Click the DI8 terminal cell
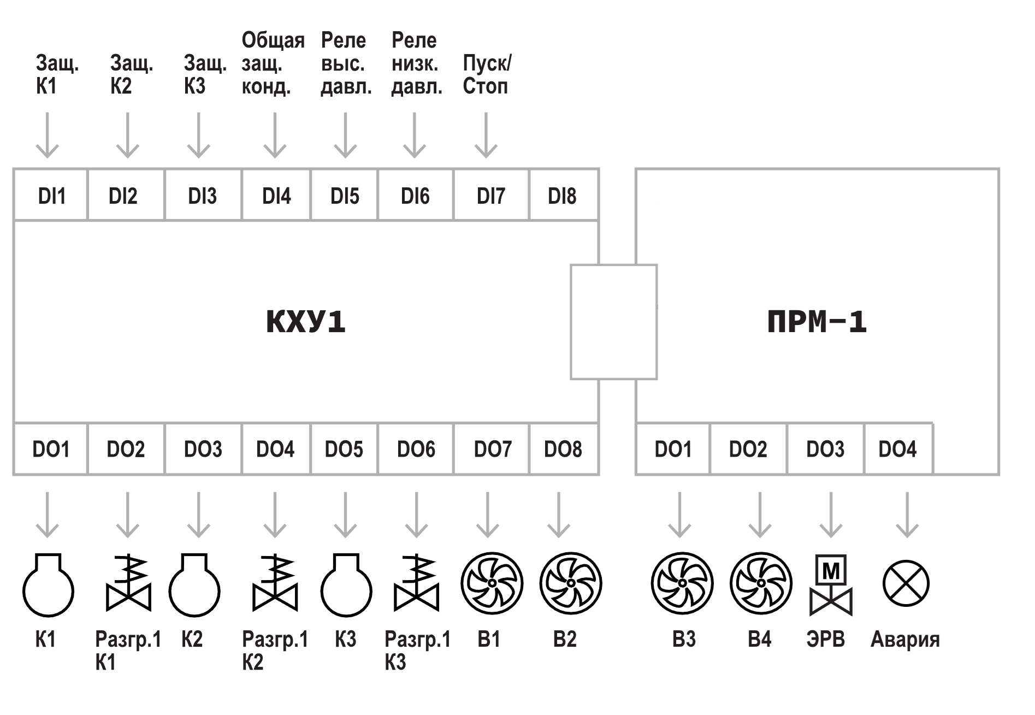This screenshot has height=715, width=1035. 564,195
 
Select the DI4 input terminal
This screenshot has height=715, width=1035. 276,195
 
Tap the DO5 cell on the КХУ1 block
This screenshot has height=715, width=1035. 344,449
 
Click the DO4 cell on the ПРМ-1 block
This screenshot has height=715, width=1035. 898,449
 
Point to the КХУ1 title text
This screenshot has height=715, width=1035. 306,322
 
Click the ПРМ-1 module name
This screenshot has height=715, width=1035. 817,322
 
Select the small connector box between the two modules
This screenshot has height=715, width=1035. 613,322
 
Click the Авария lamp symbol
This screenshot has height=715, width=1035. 906,583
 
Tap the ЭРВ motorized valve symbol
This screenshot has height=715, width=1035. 831,585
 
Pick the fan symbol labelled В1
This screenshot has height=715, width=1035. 492,583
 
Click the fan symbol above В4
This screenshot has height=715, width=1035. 761,583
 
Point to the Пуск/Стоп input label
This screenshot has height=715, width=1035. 487,75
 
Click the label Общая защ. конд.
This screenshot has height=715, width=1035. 273,63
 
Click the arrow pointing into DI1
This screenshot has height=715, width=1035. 48,135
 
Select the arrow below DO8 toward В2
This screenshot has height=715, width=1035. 558,515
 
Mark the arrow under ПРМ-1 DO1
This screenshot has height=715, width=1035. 679,515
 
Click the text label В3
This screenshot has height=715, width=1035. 684,639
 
